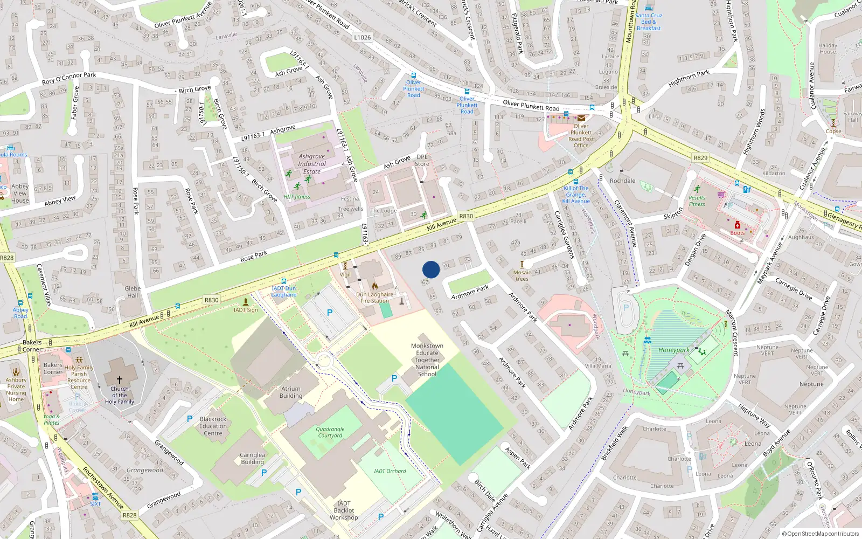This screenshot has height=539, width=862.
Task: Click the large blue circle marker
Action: click(431, 269)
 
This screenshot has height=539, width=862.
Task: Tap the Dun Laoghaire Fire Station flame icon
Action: click(375, 286)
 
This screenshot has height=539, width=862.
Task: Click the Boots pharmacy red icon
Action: click(737, 225)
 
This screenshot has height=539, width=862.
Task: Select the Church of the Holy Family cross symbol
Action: click(120, 379)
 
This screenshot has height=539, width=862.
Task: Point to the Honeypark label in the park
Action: click(673, 350)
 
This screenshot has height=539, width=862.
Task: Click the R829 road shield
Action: click(700, 158)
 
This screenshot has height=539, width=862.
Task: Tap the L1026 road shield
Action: click(363, 37)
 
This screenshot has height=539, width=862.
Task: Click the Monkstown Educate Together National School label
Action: click(427, 360)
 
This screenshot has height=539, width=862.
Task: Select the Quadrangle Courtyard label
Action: click(330, 432)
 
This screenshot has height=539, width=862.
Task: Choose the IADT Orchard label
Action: click(390, 471)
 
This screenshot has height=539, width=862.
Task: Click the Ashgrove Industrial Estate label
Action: click(312, 164)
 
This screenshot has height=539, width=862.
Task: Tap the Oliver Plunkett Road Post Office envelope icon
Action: click(581, 118)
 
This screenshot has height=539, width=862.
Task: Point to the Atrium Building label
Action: click(291, 392)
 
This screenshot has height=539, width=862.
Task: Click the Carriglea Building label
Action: click(252, 458)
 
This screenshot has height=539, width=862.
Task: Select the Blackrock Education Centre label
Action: click(213, 426)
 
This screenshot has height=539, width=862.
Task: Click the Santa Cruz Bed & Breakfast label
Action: click(649, 22)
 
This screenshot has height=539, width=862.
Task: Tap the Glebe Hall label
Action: click(133, 292)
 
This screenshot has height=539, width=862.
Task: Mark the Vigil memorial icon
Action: click(345, 266)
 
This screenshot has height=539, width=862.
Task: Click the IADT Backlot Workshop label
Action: click(344, 510)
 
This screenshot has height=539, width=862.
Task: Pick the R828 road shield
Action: click(130, 515)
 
